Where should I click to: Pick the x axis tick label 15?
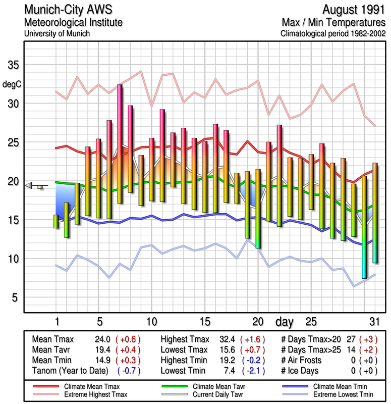204,322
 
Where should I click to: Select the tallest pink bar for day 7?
120,143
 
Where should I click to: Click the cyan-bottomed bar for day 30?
364,227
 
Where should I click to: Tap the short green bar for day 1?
56,221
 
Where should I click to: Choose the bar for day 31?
375,213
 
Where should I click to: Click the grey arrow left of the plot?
32,185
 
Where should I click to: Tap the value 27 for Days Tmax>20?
352,339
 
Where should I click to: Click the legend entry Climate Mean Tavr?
210,386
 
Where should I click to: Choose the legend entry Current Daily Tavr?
210,393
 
